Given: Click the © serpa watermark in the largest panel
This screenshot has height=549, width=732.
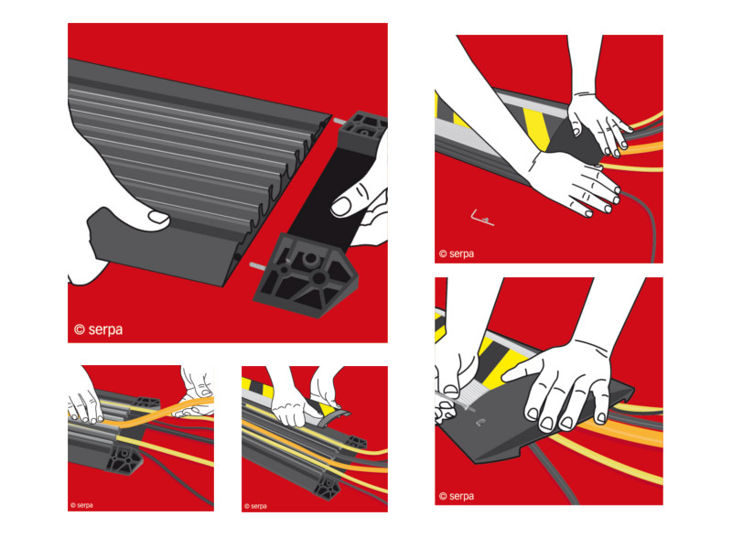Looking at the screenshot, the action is pyautogui.click(x=99, y=329).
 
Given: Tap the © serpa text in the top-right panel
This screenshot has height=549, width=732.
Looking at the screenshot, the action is pyautogui.click(x=456, y=254).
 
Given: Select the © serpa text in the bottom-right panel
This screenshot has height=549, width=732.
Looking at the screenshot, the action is pyautogui.click(x=456, y=496).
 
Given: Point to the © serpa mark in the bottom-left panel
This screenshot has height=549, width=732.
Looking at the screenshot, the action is pyautogui.click(x=81, y=505).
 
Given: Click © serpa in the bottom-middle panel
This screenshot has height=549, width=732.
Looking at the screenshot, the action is pyautogui.click(x=255, y=506).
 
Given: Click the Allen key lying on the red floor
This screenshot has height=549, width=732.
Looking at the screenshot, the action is pyautogui.click(x=482, y=218).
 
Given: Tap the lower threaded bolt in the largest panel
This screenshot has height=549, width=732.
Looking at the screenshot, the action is pyautogui.click(x=258, y=266).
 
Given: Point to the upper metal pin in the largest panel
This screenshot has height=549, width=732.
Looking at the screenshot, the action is pyautogui.click(x=339, y=122).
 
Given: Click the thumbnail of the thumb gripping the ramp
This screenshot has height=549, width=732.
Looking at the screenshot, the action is pyautogui.click(x=158, y=217).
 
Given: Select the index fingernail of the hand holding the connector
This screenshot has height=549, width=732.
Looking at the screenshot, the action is pyautogui.click(x=341, y=206).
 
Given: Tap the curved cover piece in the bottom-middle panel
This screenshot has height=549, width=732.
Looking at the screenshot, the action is pyautogui.click(x=333, y=416).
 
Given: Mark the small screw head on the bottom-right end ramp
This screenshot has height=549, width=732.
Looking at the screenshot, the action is pyautogui.click(x=480, y=423).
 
